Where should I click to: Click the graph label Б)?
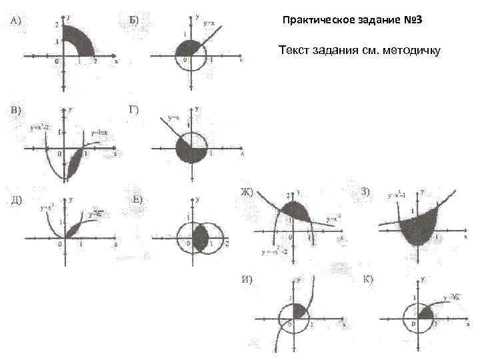click(133, 19)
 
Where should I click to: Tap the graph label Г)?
click(133, 109)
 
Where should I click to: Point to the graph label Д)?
click(16, 199)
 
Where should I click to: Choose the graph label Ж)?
click(246, 193)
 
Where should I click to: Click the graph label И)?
click(246, 279)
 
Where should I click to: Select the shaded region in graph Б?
click(188, 49)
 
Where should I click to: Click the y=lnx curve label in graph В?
click(99, 132)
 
